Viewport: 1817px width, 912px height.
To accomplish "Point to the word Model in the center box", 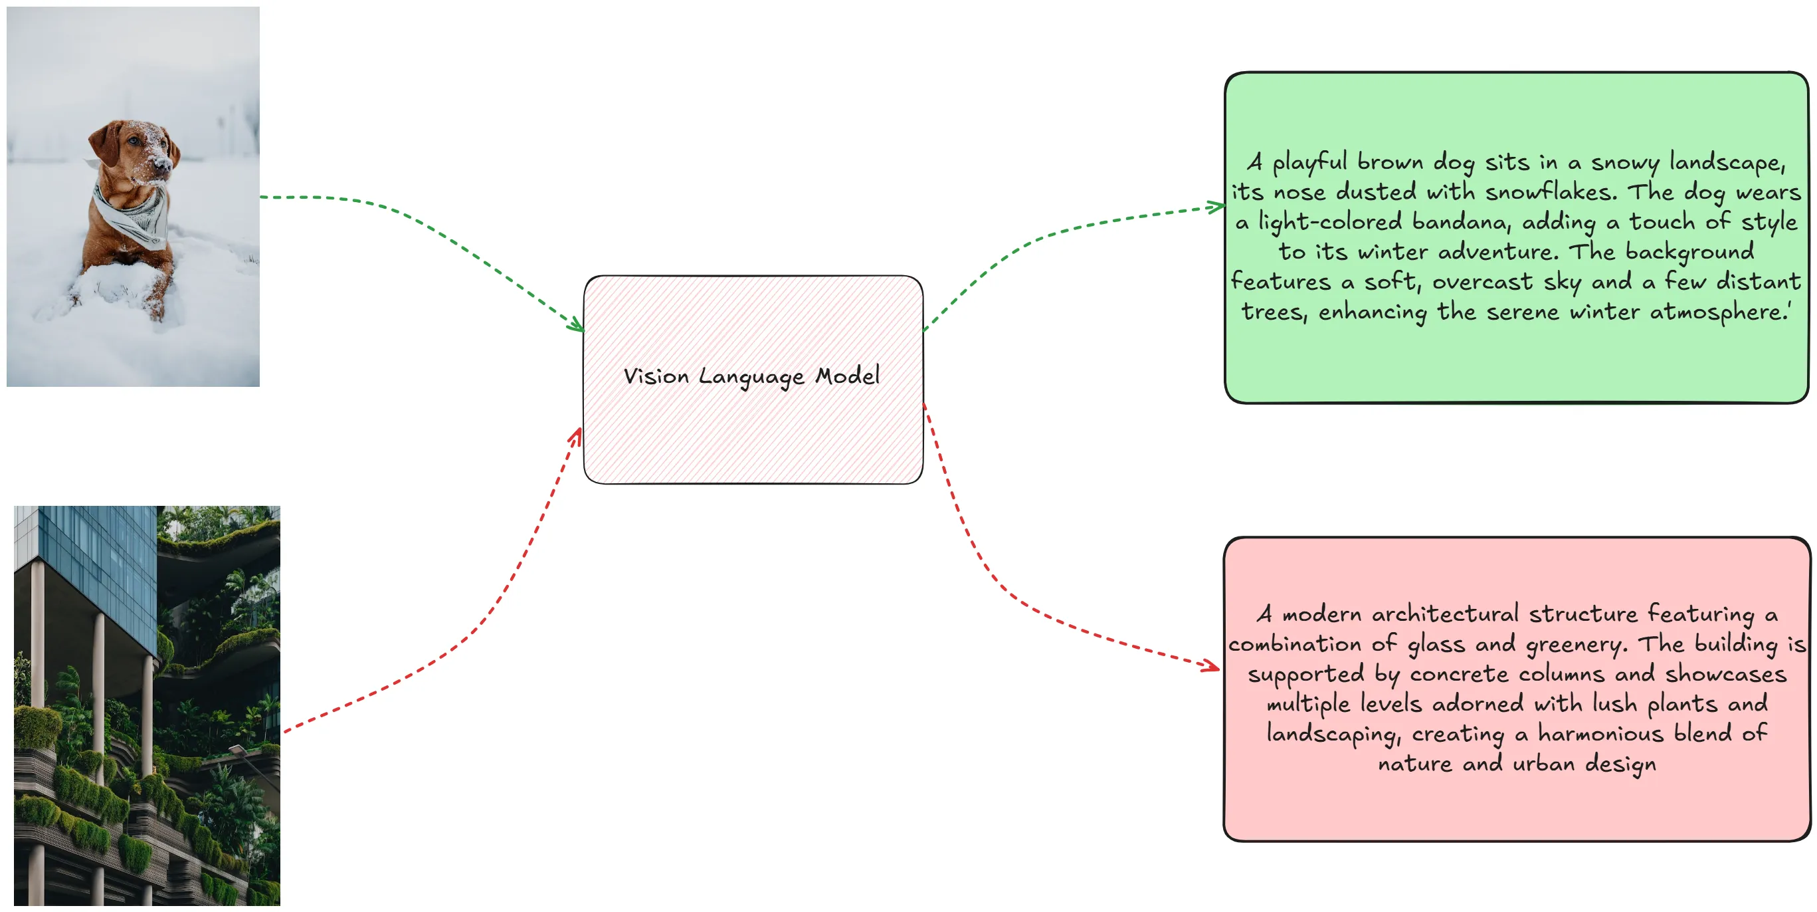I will click(x=847, y=375).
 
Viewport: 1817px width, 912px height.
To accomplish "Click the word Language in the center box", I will click(x=751, y=378).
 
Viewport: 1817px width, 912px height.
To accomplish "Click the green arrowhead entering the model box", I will click(x=577, y=326).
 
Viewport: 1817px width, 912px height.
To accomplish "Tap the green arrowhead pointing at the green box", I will click(x=1216, y=207).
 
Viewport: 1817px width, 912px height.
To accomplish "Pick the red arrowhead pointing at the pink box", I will click(x=1210, y=665).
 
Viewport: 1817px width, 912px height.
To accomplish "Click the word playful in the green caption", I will click(x=1309, y=163).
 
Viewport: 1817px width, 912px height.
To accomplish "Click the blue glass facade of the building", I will click(x=99, y=565).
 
